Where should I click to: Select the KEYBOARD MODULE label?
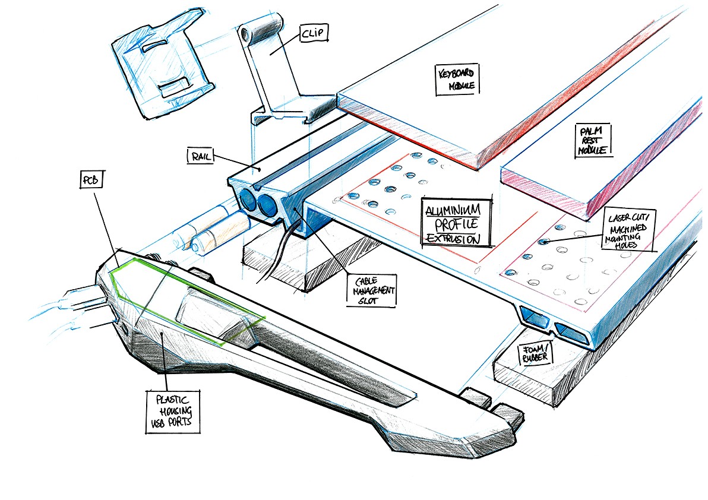(458, 80)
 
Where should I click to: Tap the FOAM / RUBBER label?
(536, 354)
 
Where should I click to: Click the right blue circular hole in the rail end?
(267, 206)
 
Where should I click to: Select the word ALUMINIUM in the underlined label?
(457, 211)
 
